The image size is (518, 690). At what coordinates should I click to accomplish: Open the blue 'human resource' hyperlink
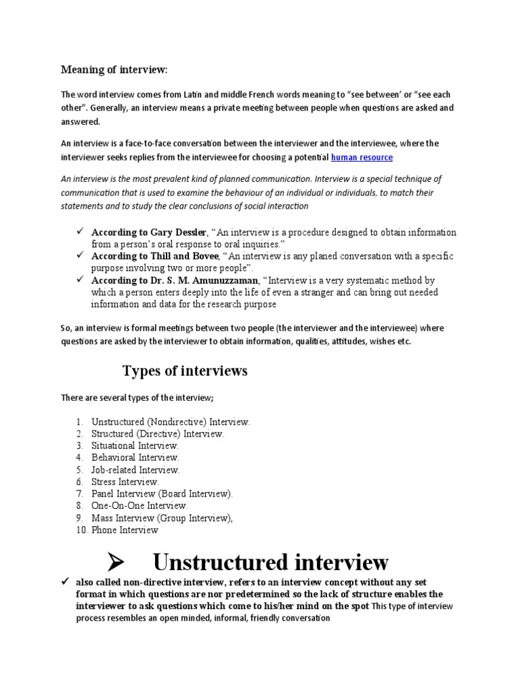362,157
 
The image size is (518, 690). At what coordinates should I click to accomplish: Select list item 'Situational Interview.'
135,445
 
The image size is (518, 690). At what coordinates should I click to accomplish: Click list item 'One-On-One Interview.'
140,505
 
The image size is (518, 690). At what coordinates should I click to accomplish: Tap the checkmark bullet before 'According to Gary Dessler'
79,232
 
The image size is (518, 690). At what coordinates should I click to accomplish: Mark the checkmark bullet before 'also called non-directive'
66,582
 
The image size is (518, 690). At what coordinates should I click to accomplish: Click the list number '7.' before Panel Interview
80,494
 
